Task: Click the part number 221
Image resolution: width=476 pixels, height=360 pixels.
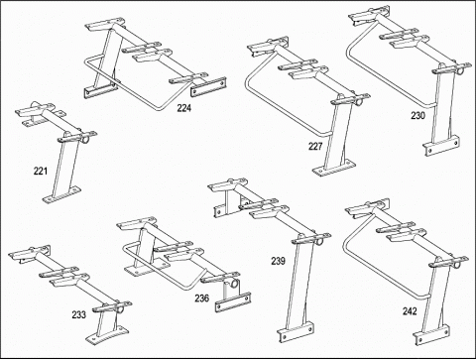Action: (x=41, y=171)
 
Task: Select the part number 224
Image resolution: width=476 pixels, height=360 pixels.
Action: (x=184, y=108)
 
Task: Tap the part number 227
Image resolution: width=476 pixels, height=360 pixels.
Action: (x=315, y=146)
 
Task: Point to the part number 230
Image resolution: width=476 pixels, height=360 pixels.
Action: (x=418, y=116)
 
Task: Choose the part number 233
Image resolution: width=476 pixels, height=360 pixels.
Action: (x=79, y=314)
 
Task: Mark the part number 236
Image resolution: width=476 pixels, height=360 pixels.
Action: (x=201, y=299)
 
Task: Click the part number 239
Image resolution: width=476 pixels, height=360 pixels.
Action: (x=278, y=261)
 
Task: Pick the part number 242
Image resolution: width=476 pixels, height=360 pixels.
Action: (x=410, y=311)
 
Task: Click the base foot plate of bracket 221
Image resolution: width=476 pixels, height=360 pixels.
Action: (x=61, y=195)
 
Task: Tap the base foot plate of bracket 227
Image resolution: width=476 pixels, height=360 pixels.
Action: (x=333, y=168)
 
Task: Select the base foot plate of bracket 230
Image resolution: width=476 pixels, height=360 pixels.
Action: (x=441, y=146)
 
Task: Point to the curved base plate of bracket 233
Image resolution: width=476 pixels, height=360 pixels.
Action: (x=107, y=335)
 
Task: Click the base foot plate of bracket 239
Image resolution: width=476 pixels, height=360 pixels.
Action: (x=296, y=331)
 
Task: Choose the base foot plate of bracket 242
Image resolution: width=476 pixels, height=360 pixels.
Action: (x=431, y=335)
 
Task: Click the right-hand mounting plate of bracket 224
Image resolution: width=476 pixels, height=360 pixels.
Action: (x=208, y=87)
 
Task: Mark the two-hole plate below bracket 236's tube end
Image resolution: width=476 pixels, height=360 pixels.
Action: (x=232, y=302)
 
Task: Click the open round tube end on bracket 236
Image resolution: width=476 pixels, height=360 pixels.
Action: (x=235, y=284)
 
